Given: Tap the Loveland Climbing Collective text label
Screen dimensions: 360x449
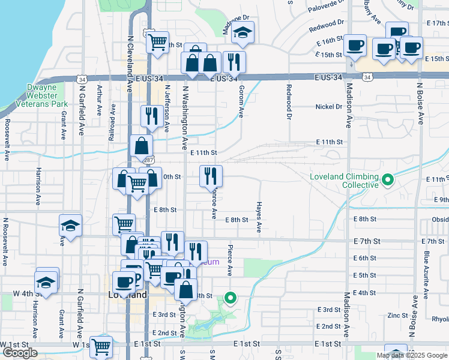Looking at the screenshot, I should (x=344, y=181).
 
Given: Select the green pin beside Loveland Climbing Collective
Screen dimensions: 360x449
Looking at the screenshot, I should (x=388, y=179).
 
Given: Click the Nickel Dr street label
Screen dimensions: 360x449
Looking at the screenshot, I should (x=329, y=107).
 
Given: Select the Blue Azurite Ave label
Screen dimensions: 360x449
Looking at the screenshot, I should (x=426, y=275).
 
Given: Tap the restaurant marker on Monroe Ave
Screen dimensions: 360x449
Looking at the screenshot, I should (x=211, y=175).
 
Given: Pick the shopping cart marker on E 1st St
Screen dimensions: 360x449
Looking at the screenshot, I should (x=101, y=346).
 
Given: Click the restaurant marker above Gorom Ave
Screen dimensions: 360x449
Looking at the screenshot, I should (x=234, y=61).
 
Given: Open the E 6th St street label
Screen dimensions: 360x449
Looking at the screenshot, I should (x=364, y=257).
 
